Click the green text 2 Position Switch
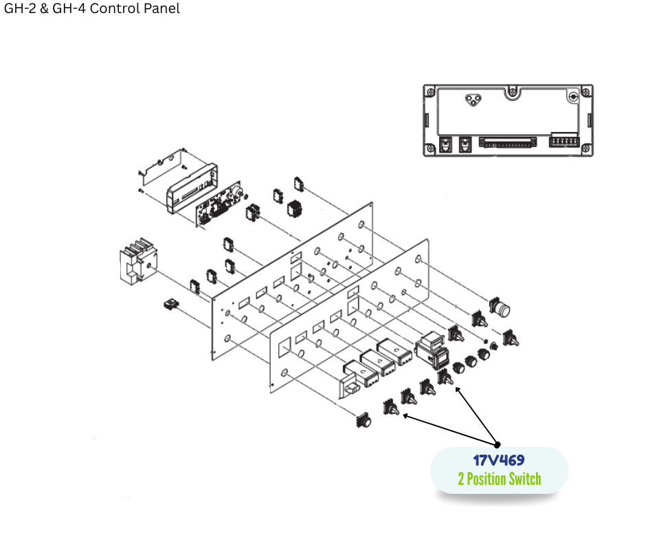click(x=499, y=479)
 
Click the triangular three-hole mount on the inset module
click(x=471, y=100)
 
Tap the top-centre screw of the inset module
click(x=511, y=90)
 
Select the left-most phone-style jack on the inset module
click(x=445, y=144)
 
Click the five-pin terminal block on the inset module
click(x=564, y=142)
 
